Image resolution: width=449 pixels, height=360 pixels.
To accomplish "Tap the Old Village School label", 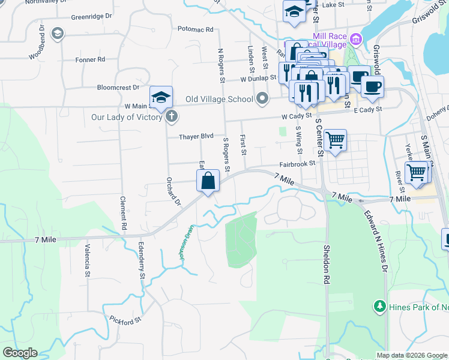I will [219, 99].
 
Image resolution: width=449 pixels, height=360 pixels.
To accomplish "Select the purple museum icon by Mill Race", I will [356, 40].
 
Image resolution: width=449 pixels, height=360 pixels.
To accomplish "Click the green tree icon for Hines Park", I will [379, 307].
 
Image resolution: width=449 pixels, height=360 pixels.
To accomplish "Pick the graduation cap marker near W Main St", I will [161, 98].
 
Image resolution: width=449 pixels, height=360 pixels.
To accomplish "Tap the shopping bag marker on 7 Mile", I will [208, 181].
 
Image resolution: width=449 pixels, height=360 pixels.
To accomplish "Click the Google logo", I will [20, 353].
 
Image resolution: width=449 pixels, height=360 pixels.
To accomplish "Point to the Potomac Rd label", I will [196, 29].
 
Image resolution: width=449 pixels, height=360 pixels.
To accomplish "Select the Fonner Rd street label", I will [90, 59].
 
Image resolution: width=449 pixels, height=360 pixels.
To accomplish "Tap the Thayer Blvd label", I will [196, 137].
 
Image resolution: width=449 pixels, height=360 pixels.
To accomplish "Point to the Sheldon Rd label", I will [327, 264].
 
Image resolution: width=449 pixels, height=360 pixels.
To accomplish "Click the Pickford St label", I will [125, 320].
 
